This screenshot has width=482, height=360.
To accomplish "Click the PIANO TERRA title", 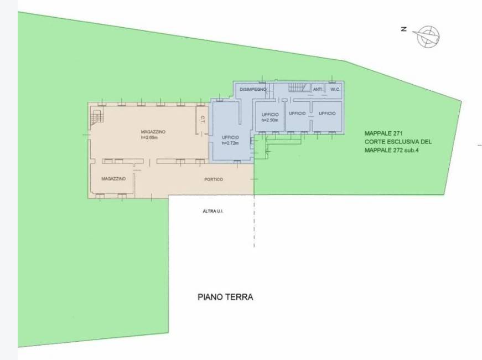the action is (225, 297).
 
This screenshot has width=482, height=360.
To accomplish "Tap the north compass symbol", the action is (427, 37).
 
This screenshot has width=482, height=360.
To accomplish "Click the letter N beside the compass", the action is (404, 29).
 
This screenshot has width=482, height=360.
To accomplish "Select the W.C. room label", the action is (335, 90).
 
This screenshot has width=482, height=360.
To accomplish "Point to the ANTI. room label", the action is (318, 90).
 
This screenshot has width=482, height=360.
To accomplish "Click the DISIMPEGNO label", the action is (253, 90).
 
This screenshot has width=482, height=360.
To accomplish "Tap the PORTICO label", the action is (214, 179).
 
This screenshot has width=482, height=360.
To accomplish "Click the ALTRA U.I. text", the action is (213, 212).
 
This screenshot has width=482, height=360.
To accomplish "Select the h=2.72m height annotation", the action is (230, 143).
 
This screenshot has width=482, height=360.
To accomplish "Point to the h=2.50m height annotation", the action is (270, 120).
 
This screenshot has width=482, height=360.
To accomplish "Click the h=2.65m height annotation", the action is (149, 137).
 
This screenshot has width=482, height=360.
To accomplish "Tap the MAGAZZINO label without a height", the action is (113, 179).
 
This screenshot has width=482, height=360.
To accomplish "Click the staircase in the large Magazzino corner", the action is (97, 117).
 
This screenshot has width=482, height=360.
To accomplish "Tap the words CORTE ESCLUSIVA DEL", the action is (398, 142).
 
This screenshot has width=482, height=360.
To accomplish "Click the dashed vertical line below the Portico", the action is (254, 221).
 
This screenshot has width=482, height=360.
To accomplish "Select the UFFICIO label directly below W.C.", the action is (327, 114).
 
